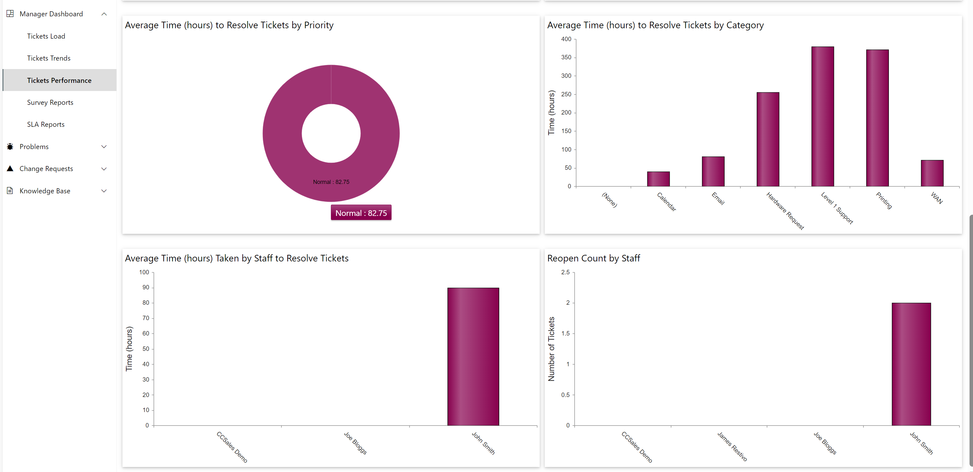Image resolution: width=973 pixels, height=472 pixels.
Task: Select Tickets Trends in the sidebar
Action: coord(48,58)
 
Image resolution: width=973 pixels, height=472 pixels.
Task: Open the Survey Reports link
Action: coord(50,102)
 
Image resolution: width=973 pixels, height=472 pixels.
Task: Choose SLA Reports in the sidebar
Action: coord(46,124)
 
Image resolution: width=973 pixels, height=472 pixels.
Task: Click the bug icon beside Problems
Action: coord(10,147)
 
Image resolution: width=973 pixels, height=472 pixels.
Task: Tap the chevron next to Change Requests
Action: coord(104,169)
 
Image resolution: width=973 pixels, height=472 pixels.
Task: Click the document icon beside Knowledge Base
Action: coord(10,191)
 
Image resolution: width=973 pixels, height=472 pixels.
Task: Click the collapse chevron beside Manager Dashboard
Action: coord(104,14)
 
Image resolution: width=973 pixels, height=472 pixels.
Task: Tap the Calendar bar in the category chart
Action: coord(658,179)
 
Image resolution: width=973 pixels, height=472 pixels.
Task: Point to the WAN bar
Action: coord(932,173)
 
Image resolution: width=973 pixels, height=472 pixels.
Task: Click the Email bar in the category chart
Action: coord(713,171)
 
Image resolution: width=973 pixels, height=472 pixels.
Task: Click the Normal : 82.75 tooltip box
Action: coord(361,213)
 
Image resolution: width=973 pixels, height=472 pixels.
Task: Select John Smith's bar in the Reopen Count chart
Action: coord(911,364)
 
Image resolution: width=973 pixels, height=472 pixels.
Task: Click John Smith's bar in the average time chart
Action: coord(473,357)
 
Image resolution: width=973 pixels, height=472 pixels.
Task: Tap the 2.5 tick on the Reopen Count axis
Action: coord(565,272)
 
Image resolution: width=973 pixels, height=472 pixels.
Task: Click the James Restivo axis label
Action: coord(732,446)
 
